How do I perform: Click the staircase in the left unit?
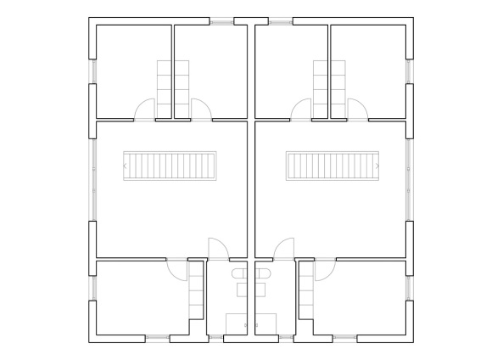(170, 165)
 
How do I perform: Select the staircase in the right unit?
(333, 165)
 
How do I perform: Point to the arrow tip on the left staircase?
(126, 166)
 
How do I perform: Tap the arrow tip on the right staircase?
(377, 166)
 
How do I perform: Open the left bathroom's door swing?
(217, 246)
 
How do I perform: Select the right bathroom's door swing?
(284, 246)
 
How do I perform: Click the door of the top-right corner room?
(357, 110)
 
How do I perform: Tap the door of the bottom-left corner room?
(177, 268)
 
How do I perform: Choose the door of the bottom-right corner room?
(323, 268)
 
